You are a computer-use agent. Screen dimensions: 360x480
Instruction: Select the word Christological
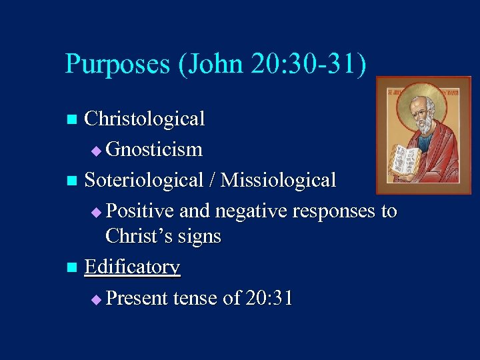pyautogui.click(x=145, y=119)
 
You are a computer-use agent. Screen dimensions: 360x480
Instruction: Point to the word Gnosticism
pyautogui.click(x=154, y=149)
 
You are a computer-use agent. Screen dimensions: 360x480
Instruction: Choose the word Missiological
pyautogui.click(x=279, y=180)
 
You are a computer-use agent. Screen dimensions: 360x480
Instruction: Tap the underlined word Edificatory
pyautogui.click(x=133, y=267)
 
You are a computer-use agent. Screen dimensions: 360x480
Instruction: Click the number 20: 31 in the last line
pyautogui.click(x=269, y=298)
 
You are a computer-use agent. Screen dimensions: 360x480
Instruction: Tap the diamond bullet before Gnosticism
pyautogui.click(x=97, y=151)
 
